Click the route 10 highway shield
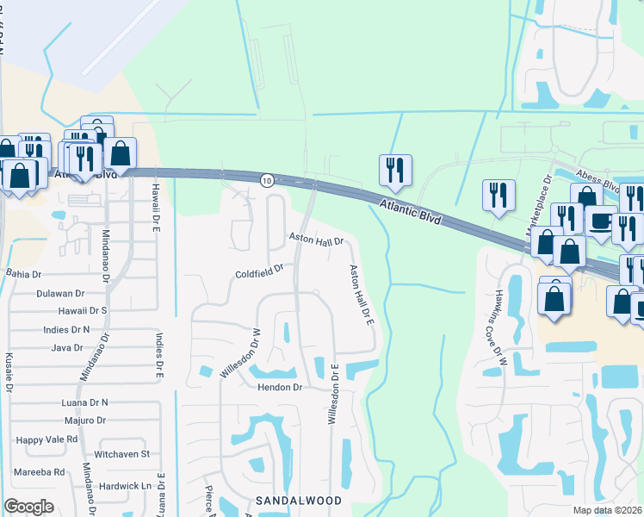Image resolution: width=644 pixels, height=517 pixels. click(x=267, y=179)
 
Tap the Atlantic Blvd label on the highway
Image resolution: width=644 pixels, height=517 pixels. click(x=410, y=211)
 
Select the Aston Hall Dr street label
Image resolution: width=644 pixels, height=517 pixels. click(x=316, y=240)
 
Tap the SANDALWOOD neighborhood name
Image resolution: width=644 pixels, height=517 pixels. click(x=299, y=500)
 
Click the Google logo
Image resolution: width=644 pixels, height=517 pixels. click(x=28, y=507)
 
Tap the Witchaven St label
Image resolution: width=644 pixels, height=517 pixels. click(x=121, y=453)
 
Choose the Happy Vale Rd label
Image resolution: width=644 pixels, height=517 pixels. click(x=46, y=439)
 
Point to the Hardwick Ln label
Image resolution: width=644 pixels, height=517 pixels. click(x=125, y=485)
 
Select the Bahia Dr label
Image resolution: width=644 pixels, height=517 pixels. click(x=23, y=274)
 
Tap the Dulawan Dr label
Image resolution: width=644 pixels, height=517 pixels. click(x=60, y=293)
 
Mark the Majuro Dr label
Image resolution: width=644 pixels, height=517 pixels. click(x=84, y=420)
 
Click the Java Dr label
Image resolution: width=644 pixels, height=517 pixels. click(x=67, y=348)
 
